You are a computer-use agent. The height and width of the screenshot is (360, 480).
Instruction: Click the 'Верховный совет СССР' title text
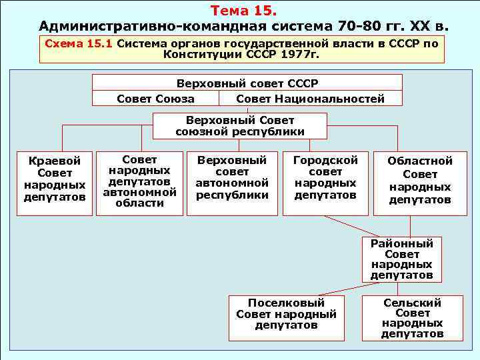click(x=247, y=83)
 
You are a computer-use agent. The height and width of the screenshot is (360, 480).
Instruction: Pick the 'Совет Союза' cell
click(x=155, y=99)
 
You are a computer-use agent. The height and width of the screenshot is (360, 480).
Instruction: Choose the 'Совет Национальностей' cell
click(x=310, y=99)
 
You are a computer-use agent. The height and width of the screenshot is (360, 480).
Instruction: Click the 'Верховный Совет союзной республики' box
click(x=240, y=126)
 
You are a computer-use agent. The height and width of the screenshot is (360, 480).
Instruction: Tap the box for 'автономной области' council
click(x=139, y=181)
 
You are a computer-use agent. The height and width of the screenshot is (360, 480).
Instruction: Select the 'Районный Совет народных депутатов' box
click(x=402, y=259)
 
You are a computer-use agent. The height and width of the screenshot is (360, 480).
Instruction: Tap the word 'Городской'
click(x=325, y=161)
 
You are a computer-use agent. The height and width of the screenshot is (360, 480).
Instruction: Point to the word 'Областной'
click(x=420, y=161)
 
